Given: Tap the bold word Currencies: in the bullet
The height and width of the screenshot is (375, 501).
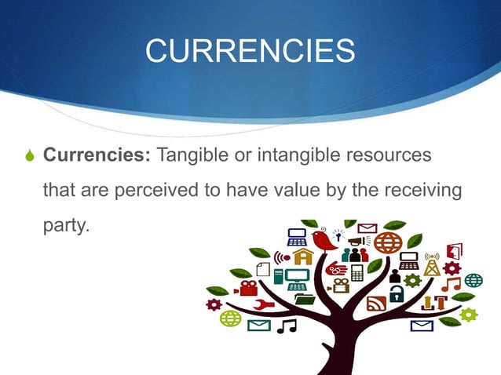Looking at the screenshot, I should coord(97,155).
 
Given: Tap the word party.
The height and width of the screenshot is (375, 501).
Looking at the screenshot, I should coord(66,226).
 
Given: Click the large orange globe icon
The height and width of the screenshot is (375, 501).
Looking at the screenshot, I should coord(387,242).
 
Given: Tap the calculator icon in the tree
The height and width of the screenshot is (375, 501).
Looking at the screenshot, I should coord(358,272).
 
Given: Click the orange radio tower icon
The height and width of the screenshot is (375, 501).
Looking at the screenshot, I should coord(431,264).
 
